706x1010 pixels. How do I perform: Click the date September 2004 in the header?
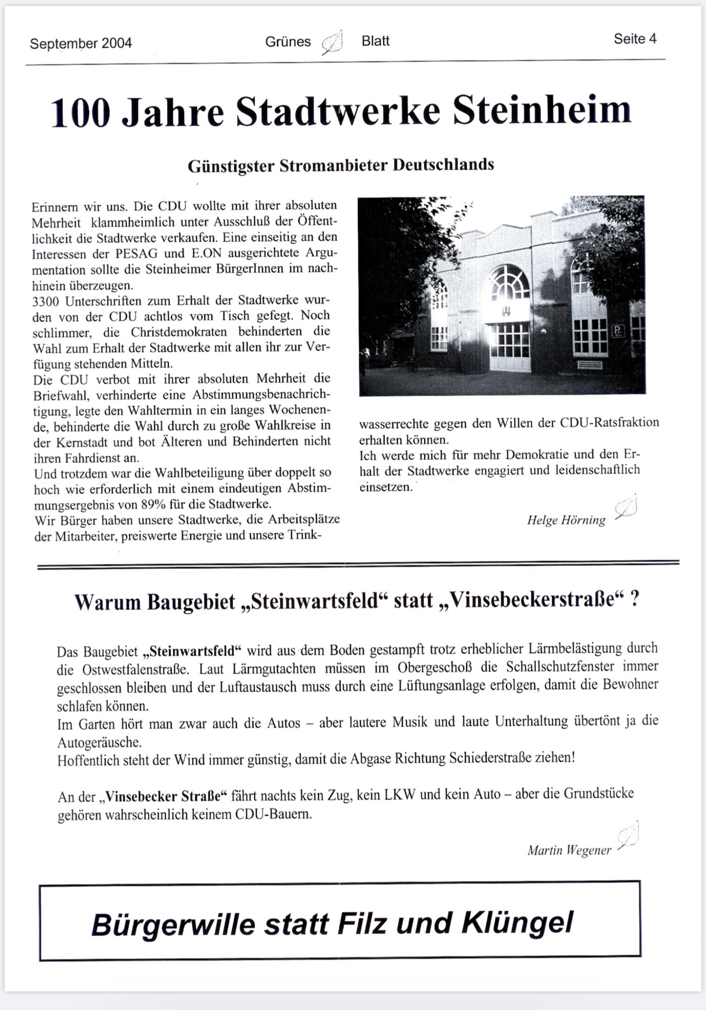point(81,44)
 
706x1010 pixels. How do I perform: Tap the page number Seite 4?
point(635,39)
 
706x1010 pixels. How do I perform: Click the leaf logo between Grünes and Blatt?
point(333,43)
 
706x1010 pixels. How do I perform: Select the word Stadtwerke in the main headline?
point(338,111)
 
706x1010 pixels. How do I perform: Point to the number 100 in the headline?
point(80,113)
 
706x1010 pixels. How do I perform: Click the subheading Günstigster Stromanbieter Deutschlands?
point(341,165)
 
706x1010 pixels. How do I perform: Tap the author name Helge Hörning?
point(566,520)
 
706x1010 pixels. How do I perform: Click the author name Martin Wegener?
point(569,850)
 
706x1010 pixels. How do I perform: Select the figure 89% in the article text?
point(154,505)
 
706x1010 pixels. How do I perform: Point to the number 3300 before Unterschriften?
point(46,301)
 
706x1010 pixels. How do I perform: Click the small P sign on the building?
point(618,331)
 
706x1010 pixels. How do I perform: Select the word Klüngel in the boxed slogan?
point(517,924)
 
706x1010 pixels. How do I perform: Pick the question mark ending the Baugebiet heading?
point(635,600)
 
